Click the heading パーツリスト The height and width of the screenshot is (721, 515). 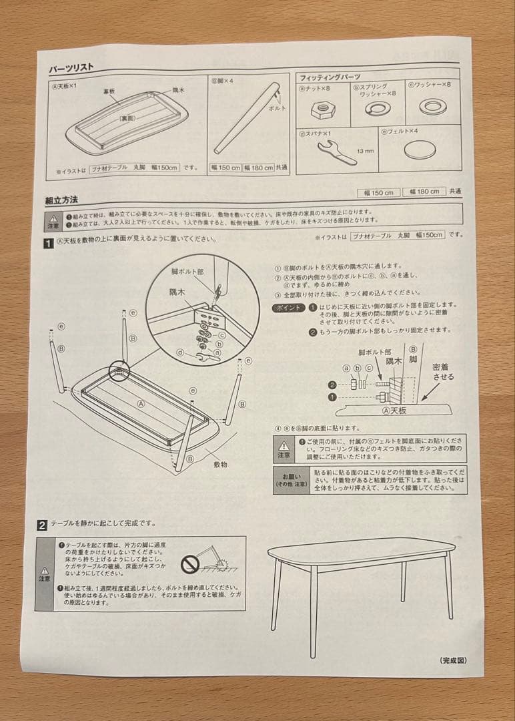(x=71, y=68)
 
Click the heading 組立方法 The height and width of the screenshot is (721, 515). (x=61, y=199)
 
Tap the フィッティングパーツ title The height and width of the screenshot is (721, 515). (x=329, y=77)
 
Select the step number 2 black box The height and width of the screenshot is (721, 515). (x=42, y=524)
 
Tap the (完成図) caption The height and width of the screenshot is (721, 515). (x=453, y=660)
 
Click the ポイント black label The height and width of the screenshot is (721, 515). (x=288, y=308)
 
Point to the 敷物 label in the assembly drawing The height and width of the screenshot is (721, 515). (x=221, y=463)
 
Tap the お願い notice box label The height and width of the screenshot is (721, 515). (x=291, y=479)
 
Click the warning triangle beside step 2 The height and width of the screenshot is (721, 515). (x=45, y=571)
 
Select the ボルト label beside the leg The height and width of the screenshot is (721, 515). (x=277, y=107)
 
